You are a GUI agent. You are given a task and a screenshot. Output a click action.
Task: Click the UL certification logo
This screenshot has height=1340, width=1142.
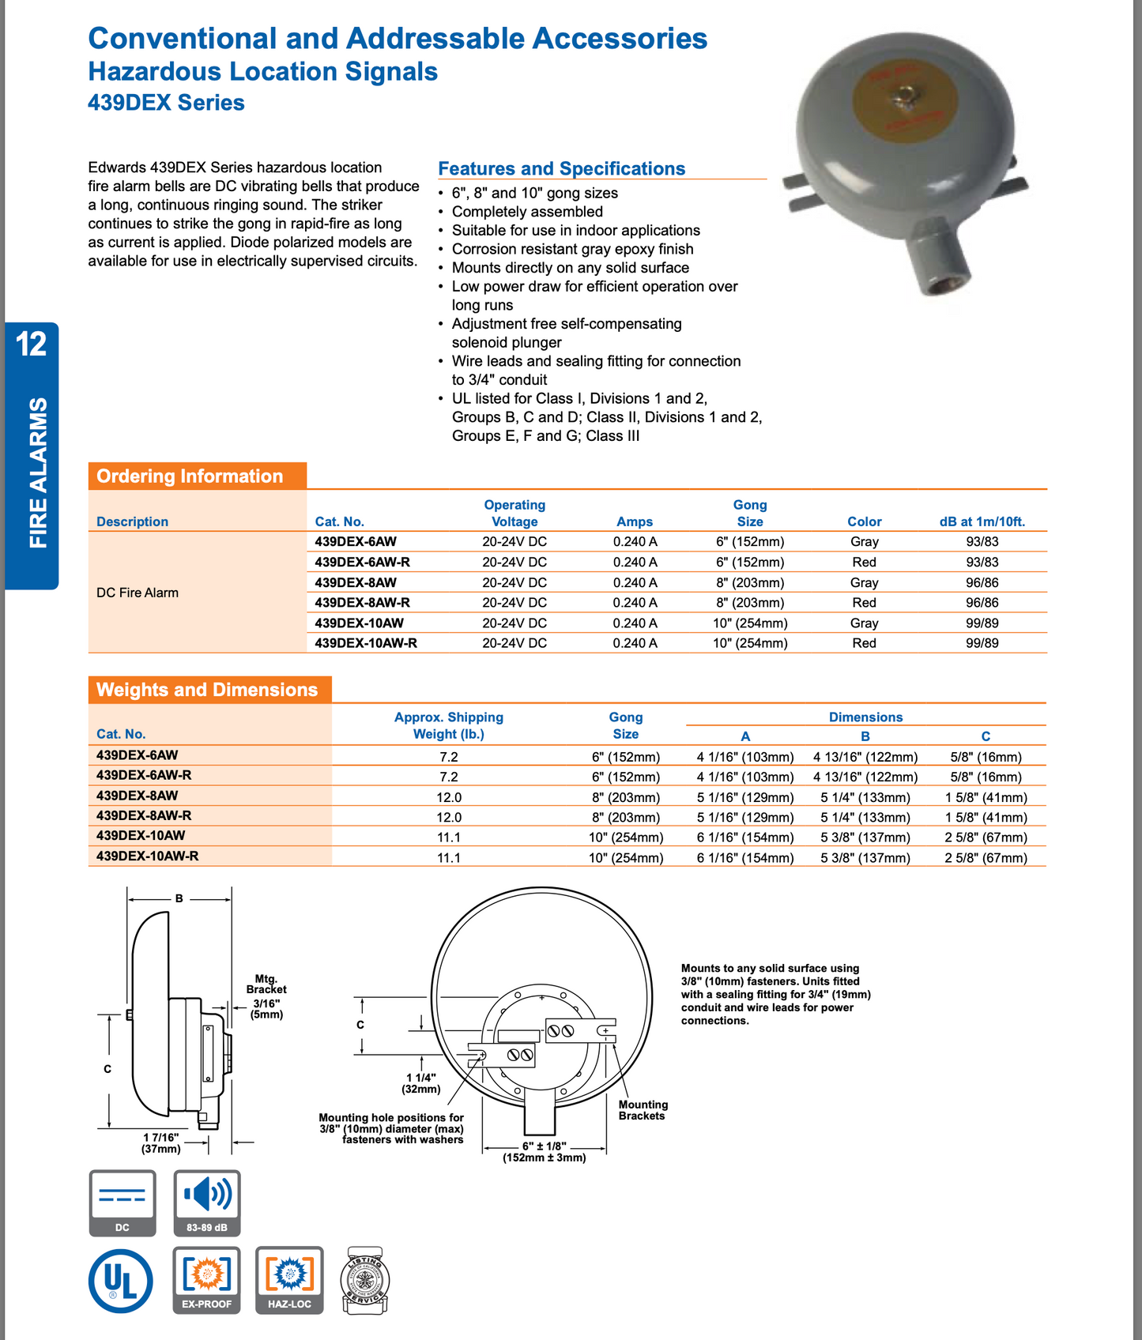(x=121, y=1280)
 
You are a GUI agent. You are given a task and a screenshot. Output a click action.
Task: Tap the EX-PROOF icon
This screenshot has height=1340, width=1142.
(x=206, y=1280)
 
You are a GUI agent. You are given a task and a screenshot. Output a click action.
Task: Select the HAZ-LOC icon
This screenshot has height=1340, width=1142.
(x=289, y=1280)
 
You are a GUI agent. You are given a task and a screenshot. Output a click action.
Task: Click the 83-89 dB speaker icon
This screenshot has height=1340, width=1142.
(x=206, y=1203)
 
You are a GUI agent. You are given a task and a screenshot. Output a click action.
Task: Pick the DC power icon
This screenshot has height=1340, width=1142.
(x=122, y=1203)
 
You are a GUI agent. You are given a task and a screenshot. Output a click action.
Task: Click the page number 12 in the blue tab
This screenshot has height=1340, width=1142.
(x=32, y=344)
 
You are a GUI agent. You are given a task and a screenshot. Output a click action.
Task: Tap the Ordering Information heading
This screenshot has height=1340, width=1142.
(x=190, y=476)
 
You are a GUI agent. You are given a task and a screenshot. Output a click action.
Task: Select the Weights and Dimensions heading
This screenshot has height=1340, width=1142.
(x=207, y=690)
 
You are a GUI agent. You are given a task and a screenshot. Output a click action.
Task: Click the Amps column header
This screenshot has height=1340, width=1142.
(x=635, y=521)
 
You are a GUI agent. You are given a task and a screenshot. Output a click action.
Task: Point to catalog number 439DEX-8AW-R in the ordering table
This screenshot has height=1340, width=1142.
(x=362, y=602)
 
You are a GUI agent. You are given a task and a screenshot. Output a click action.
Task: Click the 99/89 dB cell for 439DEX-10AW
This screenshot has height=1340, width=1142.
(x=982, y=623)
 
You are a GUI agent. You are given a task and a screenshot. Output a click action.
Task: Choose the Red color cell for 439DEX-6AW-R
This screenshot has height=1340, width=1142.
(x=864, y=562)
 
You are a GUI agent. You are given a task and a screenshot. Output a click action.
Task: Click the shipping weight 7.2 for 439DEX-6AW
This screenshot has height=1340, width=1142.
(x=449, y=756)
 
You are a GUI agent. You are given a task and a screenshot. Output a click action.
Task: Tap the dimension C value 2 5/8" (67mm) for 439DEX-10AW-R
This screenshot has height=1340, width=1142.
(x=986, y=857)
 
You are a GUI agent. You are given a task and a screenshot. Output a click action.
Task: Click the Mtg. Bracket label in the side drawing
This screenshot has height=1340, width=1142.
(x=266, y=984)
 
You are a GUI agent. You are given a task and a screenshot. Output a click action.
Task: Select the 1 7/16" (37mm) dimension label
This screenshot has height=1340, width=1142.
(x=161, y=1142)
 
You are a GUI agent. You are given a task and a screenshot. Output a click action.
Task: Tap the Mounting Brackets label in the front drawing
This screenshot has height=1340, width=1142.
(x=643, y=1110)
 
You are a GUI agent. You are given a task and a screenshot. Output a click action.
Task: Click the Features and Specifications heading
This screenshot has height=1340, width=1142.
(x=561, y=168)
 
